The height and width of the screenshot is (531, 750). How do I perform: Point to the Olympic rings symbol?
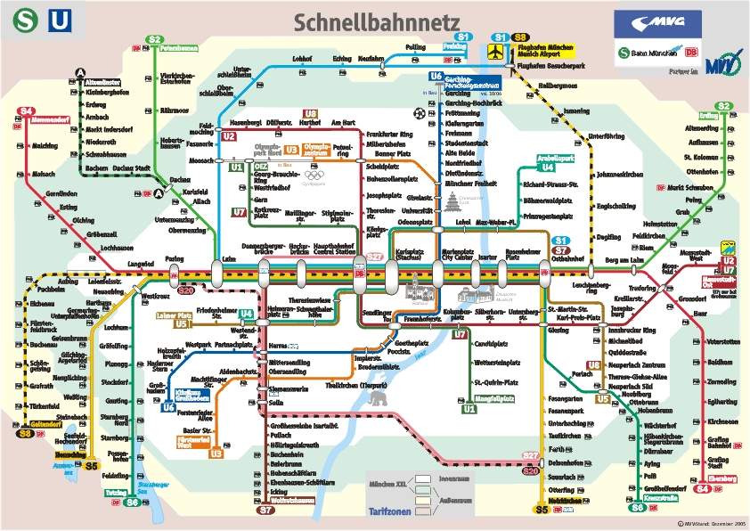[315, 175]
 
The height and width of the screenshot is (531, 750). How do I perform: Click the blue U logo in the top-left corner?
[58, 19]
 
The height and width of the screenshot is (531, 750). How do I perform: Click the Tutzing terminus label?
[115, 493]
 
